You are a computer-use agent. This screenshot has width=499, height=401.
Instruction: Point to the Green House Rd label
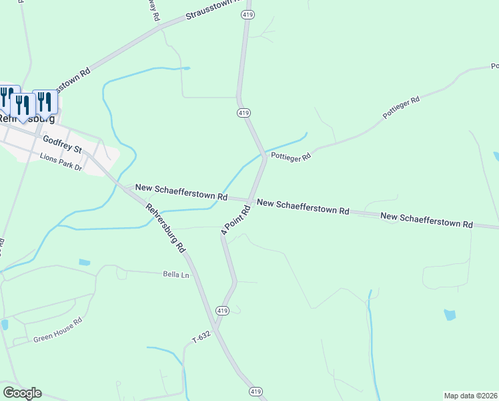pos(57,330)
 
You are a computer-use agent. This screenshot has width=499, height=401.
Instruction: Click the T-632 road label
pos(201,338)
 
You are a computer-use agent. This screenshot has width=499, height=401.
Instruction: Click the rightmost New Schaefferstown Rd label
pos(426,221)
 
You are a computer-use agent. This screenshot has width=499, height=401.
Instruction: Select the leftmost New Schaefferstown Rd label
pos(181,192)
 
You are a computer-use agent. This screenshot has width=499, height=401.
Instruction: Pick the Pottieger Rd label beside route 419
pos(290,157)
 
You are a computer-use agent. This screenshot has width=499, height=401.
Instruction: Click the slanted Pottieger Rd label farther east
pos(401,108)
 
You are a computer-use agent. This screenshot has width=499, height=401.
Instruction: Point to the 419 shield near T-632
pos(223,311)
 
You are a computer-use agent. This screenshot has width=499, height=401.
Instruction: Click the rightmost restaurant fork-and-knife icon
pos(45,102)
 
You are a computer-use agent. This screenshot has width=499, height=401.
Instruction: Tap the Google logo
pos(22,393)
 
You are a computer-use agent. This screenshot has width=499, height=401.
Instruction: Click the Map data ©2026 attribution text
pos(471,396)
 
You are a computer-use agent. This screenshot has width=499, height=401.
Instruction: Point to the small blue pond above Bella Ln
pos(84,262)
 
